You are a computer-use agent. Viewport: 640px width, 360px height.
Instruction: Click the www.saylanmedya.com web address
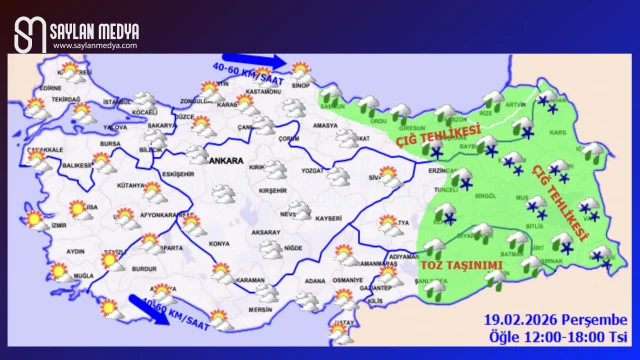96,45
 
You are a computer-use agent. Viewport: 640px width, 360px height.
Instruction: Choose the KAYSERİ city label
327,217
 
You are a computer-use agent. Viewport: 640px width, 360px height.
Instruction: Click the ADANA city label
316,281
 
